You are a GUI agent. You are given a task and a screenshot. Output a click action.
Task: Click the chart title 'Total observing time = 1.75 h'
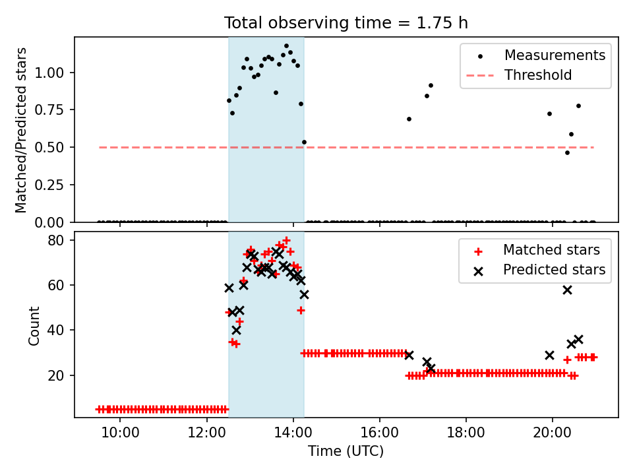point(346,23)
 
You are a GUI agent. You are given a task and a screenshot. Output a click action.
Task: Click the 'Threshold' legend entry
point(519,75)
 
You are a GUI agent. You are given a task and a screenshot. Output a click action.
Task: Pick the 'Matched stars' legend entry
point(536,250)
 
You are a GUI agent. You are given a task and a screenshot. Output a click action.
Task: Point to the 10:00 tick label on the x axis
point(120,433)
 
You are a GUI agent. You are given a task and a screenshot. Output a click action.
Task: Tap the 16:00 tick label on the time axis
point(380,433)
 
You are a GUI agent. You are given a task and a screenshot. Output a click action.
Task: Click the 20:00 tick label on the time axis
point(553,433)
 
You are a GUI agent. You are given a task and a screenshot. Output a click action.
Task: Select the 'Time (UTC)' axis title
point(346,451)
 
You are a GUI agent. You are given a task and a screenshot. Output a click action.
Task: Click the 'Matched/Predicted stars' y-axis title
point(21,130)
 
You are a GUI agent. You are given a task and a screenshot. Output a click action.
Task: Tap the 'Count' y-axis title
point(34,325)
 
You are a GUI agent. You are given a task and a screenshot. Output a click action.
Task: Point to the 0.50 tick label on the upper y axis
point(49,147)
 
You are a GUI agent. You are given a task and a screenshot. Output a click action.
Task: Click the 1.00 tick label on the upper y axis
point(49,73)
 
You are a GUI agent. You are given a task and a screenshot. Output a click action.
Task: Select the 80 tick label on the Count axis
point(55,240)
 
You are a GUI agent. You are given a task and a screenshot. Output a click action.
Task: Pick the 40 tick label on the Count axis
point(55,331)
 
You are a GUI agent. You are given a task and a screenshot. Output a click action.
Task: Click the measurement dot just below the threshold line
point(567,152)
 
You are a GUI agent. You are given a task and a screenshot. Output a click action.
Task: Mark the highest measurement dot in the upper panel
point(286,46)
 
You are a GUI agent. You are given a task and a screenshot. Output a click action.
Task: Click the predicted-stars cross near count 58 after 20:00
point(567,290)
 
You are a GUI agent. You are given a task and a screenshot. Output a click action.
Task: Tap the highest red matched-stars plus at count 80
point(286,240)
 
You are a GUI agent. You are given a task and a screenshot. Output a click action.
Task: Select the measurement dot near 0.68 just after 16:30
point(409,119)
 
